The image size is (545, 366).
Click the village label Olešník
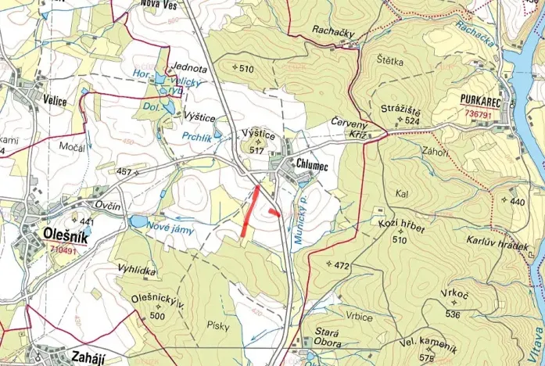pos(63,235)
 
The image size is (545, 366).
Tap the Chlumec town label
pos(314,163)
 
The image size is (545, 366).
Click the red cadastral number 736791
pos(478,114)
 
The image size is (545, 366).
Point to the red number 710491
pos(63,250)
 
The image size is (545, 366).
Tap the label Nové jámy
pos(170,230)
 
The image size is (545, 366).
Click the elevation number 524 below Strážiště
pos(413,121)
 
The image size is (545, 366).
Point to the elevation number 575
pos(426,357)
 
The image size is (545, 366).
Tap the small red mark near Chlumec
pos(273,211)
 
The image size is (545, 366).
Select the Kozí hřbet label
pos(400,224)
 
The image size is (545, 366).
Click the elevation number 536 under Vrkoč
pos(452,314)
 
